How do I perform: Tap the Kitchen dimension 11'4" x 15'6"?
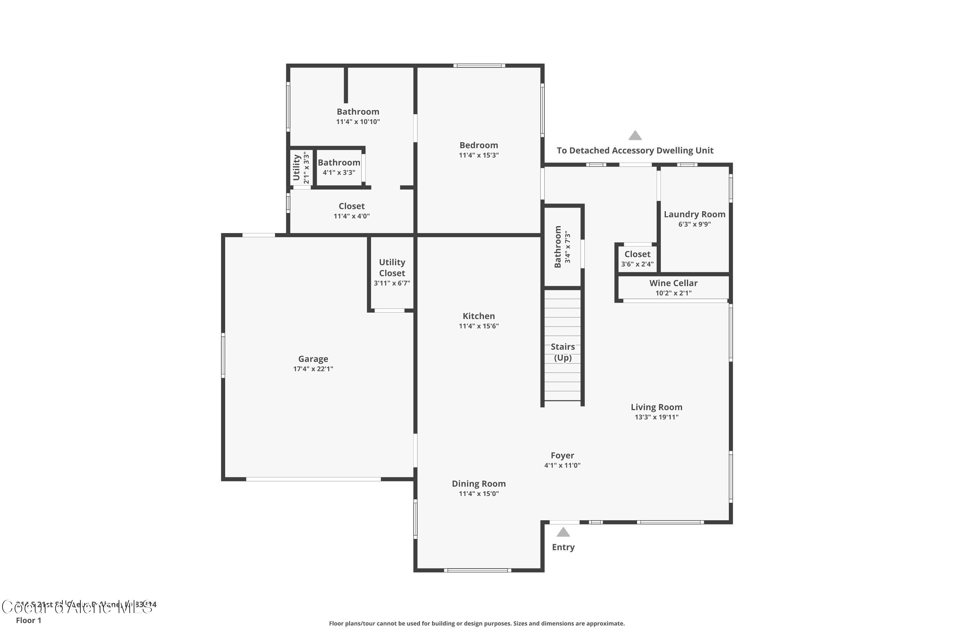[479, 326]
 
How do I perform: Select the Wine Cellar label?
[673, 283]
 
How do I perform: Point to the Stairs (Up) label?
[563, 352]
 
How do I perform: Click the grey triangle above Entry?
[563, 532]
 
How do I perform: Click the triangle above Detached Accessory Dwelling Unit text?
[635, 135]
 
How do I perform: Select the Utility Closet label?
[392, 268]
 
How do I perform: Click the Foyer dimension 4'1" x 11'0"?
[562, 466]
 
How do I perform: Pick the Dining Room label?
[479, 483]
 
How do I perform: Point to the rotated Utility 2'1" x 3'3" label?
[301, 168]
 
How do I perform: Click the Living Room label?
[656, 407]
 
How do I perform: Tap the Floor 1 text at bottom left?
[28, 620]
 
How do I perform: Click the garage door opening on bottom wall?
[313, 480]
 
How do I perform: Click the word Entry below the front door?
[563, 547]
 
